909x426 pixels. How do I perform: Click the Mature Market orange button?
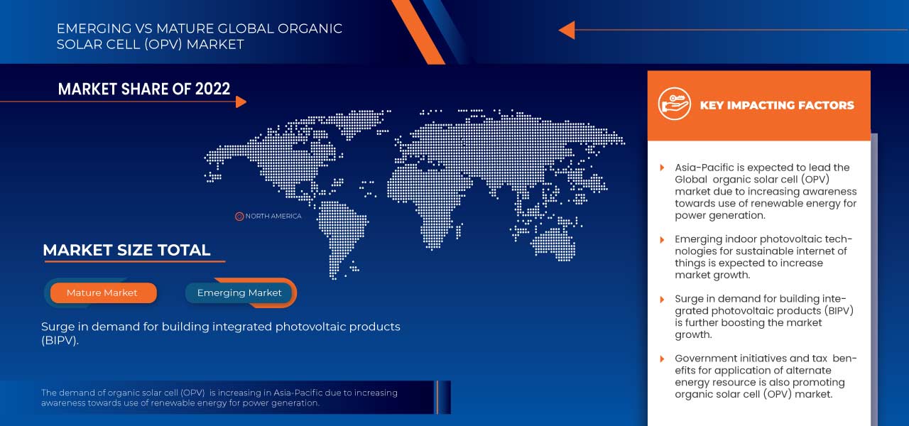click(x=102, y=293)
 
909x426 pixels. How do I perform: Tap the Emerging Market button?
click(x=239, y=293)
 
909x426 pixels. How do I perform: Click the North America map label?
click(x=273, y=216)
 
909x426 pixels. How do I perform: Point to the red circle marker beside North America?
click(x=239, y=216)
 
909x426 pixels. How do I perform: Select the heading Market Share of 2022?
click(x=144, y=89)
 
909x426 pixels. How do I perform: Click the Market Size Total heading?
click(x=126, y=250)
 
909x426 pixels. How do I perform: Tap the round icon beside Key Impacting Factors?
click(x=674, y=104)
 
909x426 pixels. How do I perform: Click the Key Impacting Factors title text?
click(x=777, y=105)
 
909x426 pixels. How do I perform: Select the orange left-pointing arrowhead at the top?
click(x=566, y=30)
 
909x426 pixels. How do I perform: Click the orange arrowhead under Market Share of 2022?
click(x=241, y=102)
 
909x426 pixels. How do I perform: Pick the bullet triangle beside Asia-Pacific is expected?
click(x=663, y=168)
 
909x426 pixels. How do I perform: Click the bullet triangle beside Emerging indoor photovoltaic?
click(x=663, y=240)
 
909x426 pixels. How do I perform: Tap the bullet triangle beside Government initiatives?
click(x=663, y=359)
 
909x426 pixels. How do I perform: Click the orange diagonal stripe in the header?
click(x=417, y=28)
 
